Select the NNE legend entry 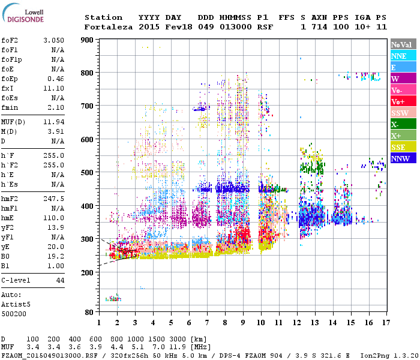pos(403,56)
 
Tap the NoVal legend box pos(403,44)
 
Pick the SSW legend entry pos(403,113)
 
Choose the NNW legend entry pos(403,158)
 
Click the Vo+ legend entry pos(403,101)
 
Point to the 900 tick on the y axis pos(88,40)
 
